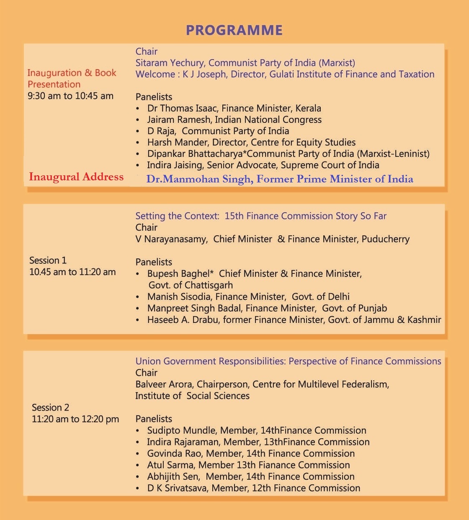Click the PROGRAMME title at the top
point(234,30)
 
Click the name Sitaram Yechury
point(169,63)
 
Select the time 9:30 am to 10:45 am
point(70,96)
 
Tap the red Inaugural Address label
point(76,177)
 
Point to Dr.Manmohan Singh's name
point(199,179)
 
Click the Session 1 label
point(48,260)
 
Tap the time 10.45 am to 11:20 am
point(72,272)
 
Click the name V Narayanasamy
point(171,239)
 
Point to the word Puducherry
point(385,239)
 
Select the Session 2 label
point(50,408)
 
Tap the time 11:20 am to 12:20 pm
point(75,419)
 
